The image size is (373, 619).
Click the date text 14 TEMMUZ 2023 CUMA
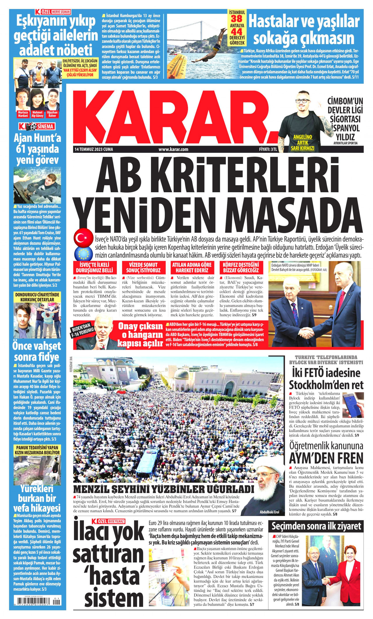click(94, 149)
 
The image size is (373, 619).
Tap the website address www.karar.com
click(173, 149)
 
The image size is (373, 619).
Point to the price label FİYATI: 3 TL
click(268, 149)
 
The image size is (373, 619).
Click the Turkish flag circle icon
click(83, 238)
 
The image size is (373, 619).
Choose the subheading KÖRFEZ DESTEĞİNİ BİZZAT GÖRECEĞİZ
click(241, 267)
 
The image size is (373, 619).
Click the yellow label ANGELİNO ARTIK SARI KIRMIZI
click(302, 143)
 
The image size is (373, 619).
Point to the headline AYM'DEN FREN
click(326, 458)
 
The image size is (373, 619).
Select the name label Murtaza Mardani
click(23, 114)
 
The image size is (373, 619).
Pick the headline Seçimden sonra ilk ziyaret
click(316, 526)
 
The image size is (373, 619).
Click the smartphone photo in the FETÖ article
click(353, 405)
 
